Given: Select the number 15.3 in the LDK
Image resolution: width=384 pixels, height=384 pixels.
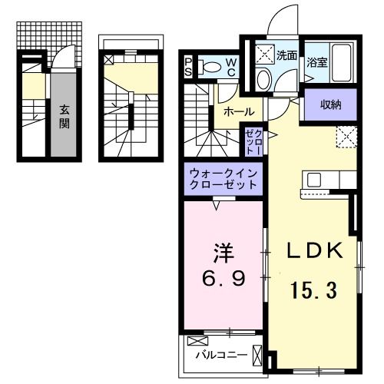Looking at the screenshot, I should click(313, 290).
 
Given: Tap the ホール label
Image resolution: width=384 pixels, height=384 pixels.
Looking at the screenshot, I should click(239, 111).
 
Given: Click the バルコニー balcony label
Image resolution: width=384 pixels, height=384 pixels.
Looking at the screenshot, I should click(220, 355).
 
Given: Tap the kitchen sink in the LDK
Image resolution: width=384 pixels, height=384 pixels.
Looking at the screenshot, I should click(316, 180).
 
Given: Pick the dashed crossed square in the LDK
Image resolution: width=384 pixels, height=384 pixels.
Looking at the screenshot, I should click(346, 137).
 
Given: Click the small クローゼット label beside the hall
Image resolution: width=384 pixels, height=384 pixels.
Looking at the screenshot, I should click(253, 143).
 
